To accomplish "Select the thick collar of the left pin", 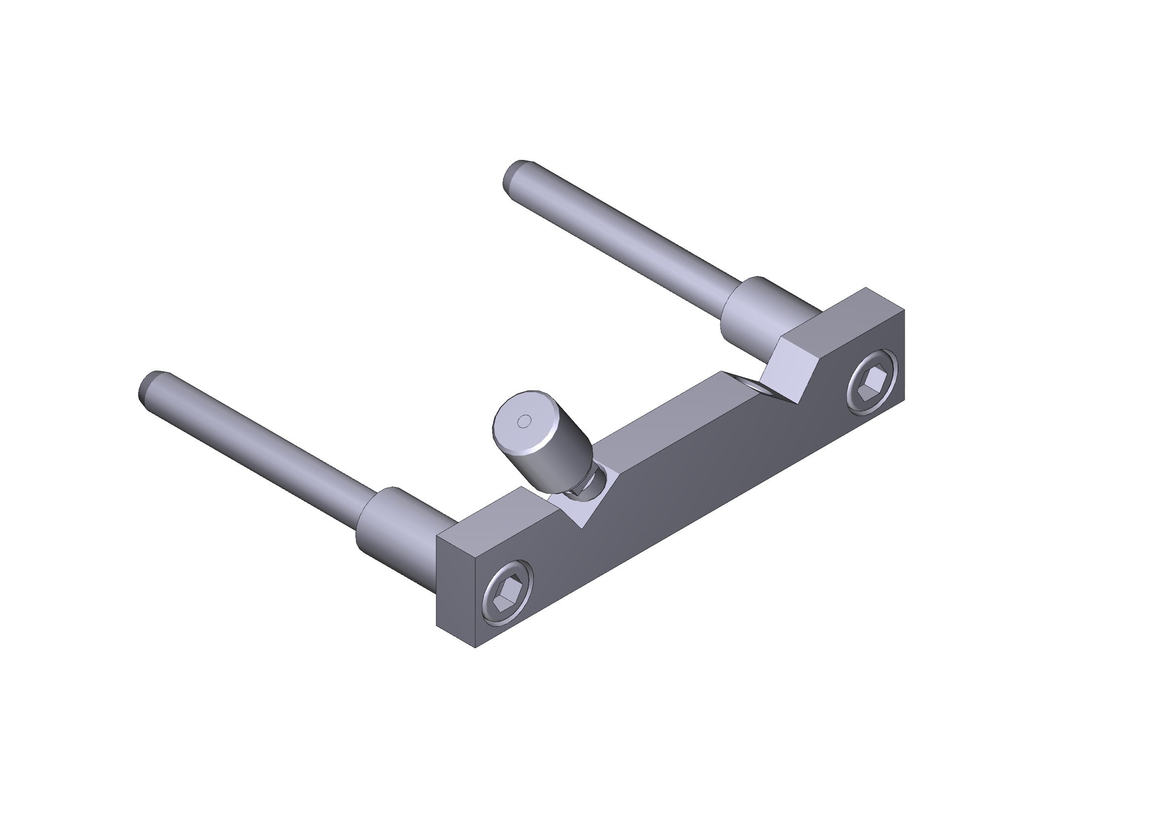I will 393,526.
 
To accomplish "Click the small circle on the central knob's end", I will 524,421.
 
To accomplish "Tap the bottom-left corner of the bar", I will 476,647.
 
